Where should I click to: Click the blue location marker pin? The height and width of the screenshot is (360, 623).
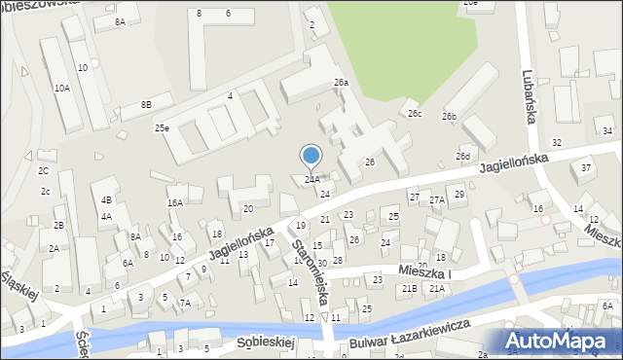click(311, 156)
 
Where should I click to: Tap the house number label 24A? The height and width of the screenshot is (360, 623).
click(311, 179)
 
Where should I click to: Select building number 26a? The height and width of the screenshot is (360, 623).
click(341, 83)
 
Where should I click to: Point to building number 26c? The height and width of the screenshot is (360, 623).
click(415, 114)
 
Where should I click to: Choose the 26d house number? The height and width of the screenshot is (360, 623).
click(463, 157)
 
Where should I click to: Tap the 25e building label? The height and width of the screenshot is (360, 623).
click(162, 127)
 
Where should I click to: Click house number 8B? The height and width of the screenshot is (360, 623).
click(146, 104)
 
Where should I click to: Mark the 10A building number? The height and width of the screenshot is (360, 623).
click(61, 88)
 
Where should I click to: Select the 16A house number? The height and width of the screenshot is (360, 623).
click(174, 202)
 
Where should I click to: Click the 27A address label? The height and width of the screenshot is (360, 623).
click(437, 199)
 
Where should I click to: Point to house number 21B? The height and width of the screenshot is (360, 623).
click(410, 288)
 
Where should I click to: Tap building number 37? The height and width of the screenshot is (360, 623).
click(585, 167)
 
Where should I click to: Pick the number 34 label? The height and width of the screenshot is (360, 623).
click(606, 130)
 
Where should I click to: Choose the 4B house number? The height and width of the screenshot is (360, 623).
click(106, 199)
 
